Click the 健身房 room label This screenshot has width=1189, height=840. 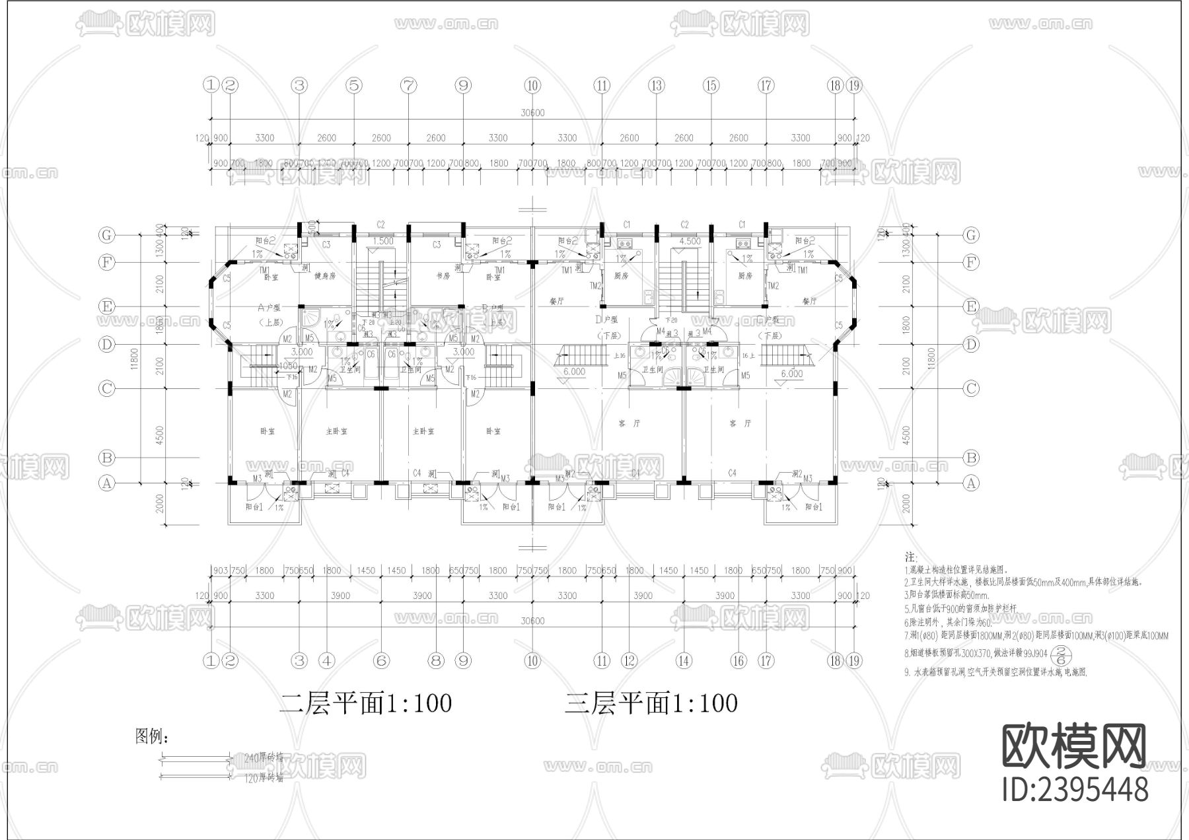[x=325, y=276]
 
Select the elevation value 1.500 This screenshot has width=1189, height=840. [x=382, y=241]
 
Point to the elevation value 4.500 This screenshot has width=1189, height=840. [x=690, y=241]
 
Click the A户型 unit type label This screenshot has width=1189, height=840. [x=270, y=308]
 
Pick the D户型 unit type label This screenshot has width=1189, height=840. [x=606, y=320]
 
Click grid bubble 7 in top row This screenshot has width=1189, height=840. [x=409, y=85]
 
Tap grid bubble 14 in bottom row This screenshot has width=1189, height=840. [x=683, y=660]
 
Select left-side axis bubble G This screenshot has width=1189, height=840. [x=106, y=235]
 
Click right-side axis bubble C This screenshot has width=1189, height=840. [x=970, y=388]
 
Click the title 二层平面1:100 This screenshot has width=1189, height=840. [x=365, y=703]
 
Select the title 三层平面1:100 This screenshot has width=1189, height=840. [x=651, y=703]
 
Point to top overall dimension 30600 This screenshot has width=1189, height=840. [x=532, y=113]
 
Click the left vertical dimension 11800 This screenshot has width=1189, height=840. [x=134, y=360]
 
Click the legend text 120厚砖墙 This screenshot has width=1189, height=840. [x=264, y=778]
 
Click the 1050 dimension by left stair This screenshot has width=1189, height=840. [x=288, y=366]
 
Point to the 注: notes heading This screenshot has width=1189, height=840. [x=910, y=558]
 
